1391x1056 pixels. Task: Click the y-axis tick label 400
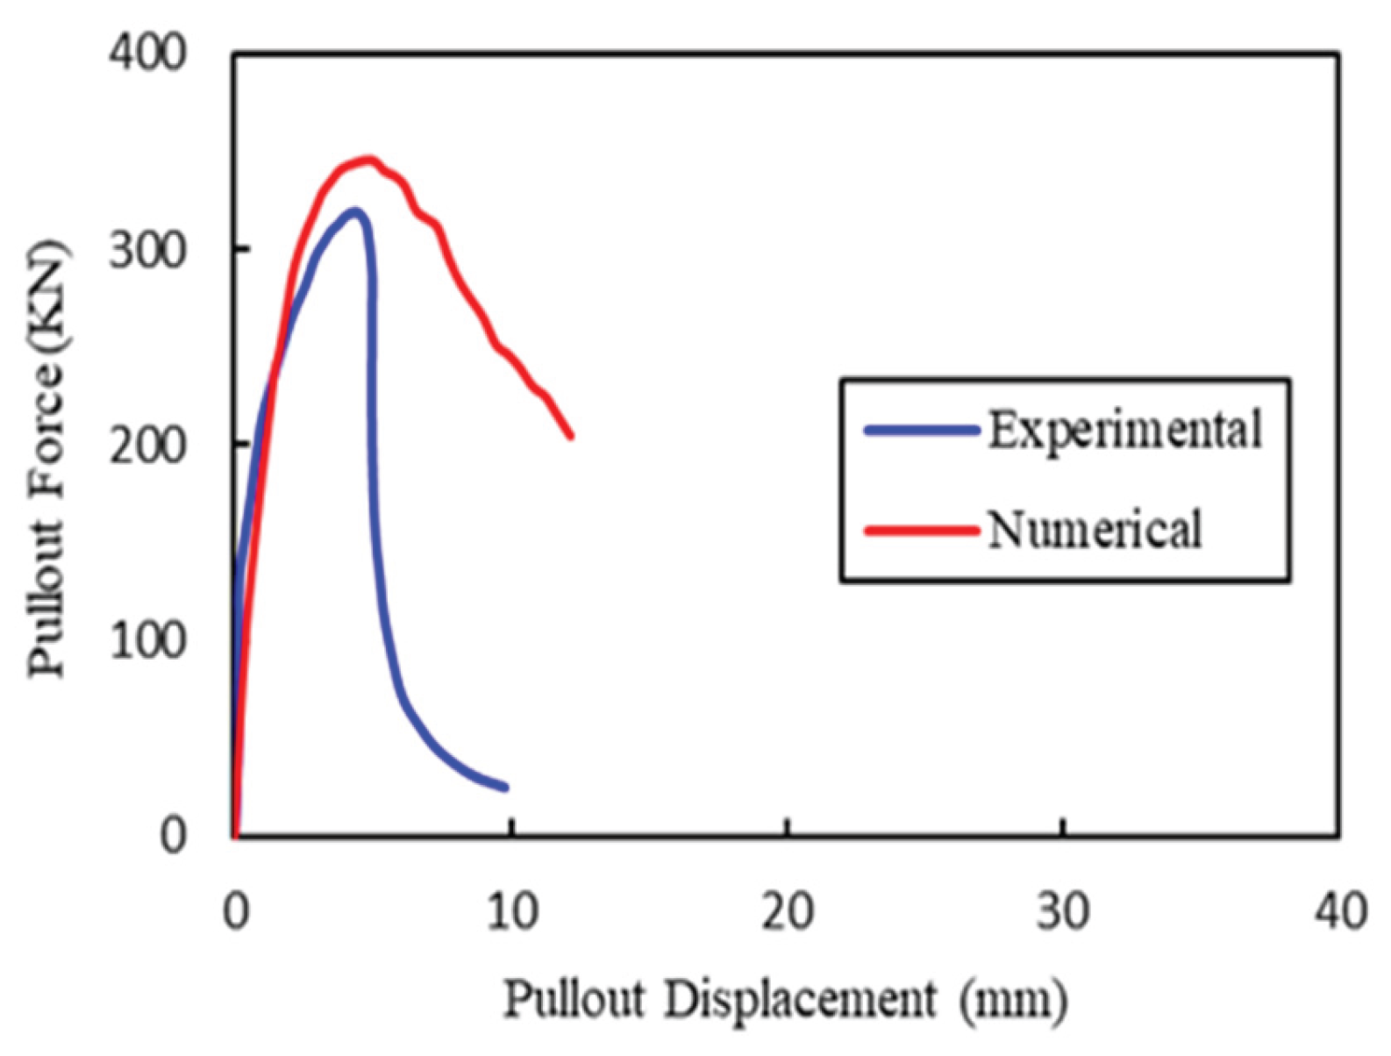point(147,54)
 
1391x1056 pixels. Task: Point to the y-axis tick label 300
point(147,250)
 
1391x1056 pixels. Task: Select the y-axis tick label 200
point(147,446)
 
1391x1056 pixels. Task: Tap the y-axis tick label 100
point(147,641)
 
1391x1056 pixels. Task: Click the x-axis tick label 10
point(511,912)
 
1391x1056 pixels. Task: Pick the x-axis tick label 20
point(787,912)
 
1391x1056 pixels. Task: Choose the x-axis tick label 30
point(1062,912)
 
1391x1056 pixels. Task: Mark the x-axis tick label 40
point(1339,912)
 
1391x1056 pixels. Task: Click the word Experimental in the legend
point(1124,430)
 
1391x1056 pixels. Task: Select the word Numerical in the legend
point(1094,530)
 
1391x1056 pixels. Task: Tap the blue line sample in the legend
point(921,430)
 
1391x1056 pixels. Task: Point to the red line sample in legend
point(921,530)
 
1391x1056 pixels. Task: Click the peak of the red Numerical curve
point(369,160)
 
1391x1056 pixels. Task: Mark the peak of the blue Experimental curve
point(353,210)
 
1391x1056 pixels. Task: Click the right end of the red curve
point(571,435)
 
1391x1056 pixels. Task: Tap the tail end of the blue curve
point(505,788)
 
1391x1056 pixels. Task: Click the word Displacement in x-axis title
point(799,999)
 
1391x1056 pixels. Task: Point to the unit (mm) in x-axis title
point(1013,999)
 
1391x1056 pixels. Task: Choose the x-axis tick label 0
point(235,912)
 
